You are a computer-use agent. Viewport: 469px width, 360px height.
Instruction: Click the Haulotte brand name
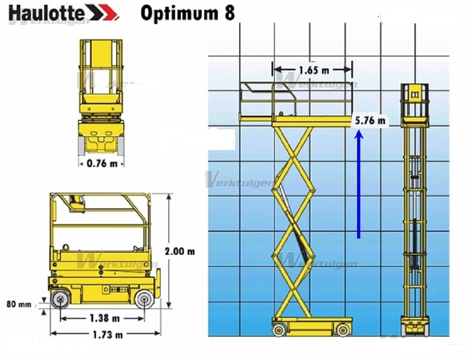pos(46,13)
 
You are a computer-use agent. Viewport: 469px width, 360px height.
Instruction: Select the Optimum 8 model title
pos(187,13)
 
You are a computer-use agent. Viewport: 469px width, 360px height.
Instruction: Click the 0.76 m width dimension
pos(102,163)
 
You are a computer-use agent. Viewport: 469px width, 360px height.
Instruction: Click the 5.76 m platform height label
pos(370,121)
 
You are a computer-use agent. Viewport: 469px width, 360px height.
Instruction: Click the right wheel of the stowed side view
pos(144,300)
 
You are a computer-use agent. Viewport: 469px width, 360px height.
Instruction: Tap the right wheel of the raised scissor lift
pos(342,329)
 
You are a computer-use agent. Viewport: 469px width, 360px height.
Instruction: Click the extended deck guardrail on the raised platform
pos(255,102)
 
